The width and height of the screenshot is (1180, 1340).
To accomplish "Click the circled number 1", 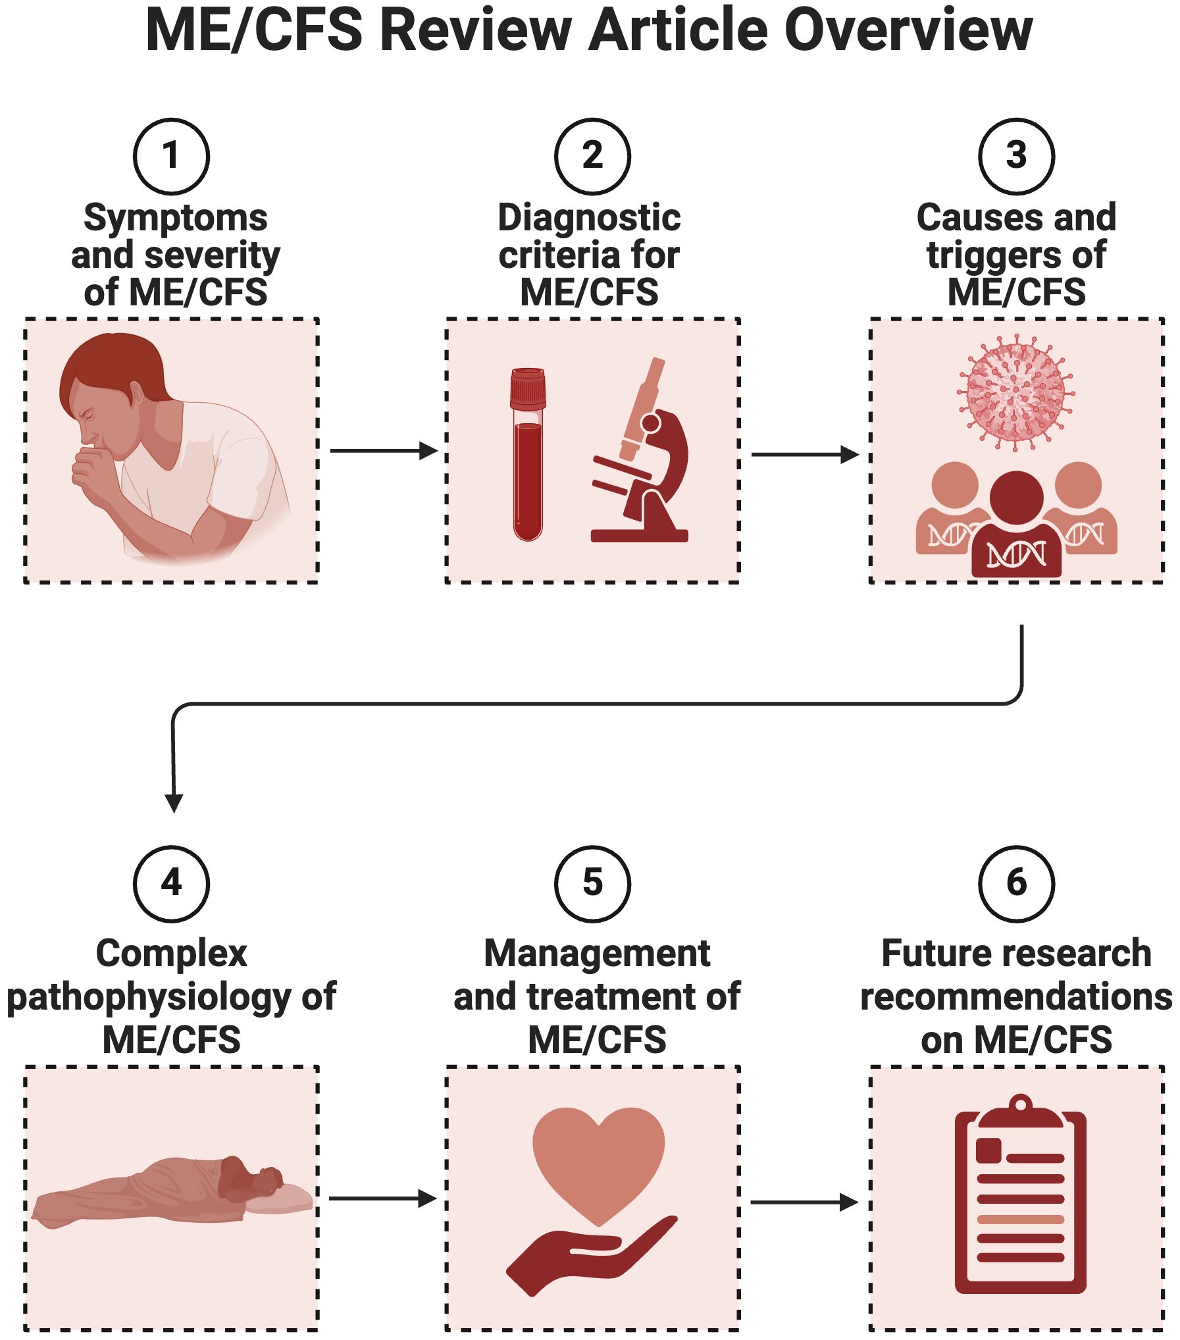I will tap(171, 156).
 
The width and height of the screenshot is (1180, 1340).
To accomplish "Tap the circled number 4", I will tap(171, 883).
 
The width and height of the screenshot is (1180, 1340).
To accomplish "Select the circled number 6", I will tap(1016, 883).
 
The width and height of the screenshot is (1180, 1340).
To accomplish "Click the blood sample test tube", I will tap(528, 454).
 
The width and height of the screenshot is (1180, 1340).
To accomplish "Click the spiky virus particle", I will tap(1015, 393).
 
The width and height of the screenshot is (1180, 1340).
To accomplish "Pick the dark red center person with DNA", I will tap(1016, 527).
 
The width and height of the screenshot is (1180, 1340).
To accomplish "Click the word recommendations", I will tap(1016, 997).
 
